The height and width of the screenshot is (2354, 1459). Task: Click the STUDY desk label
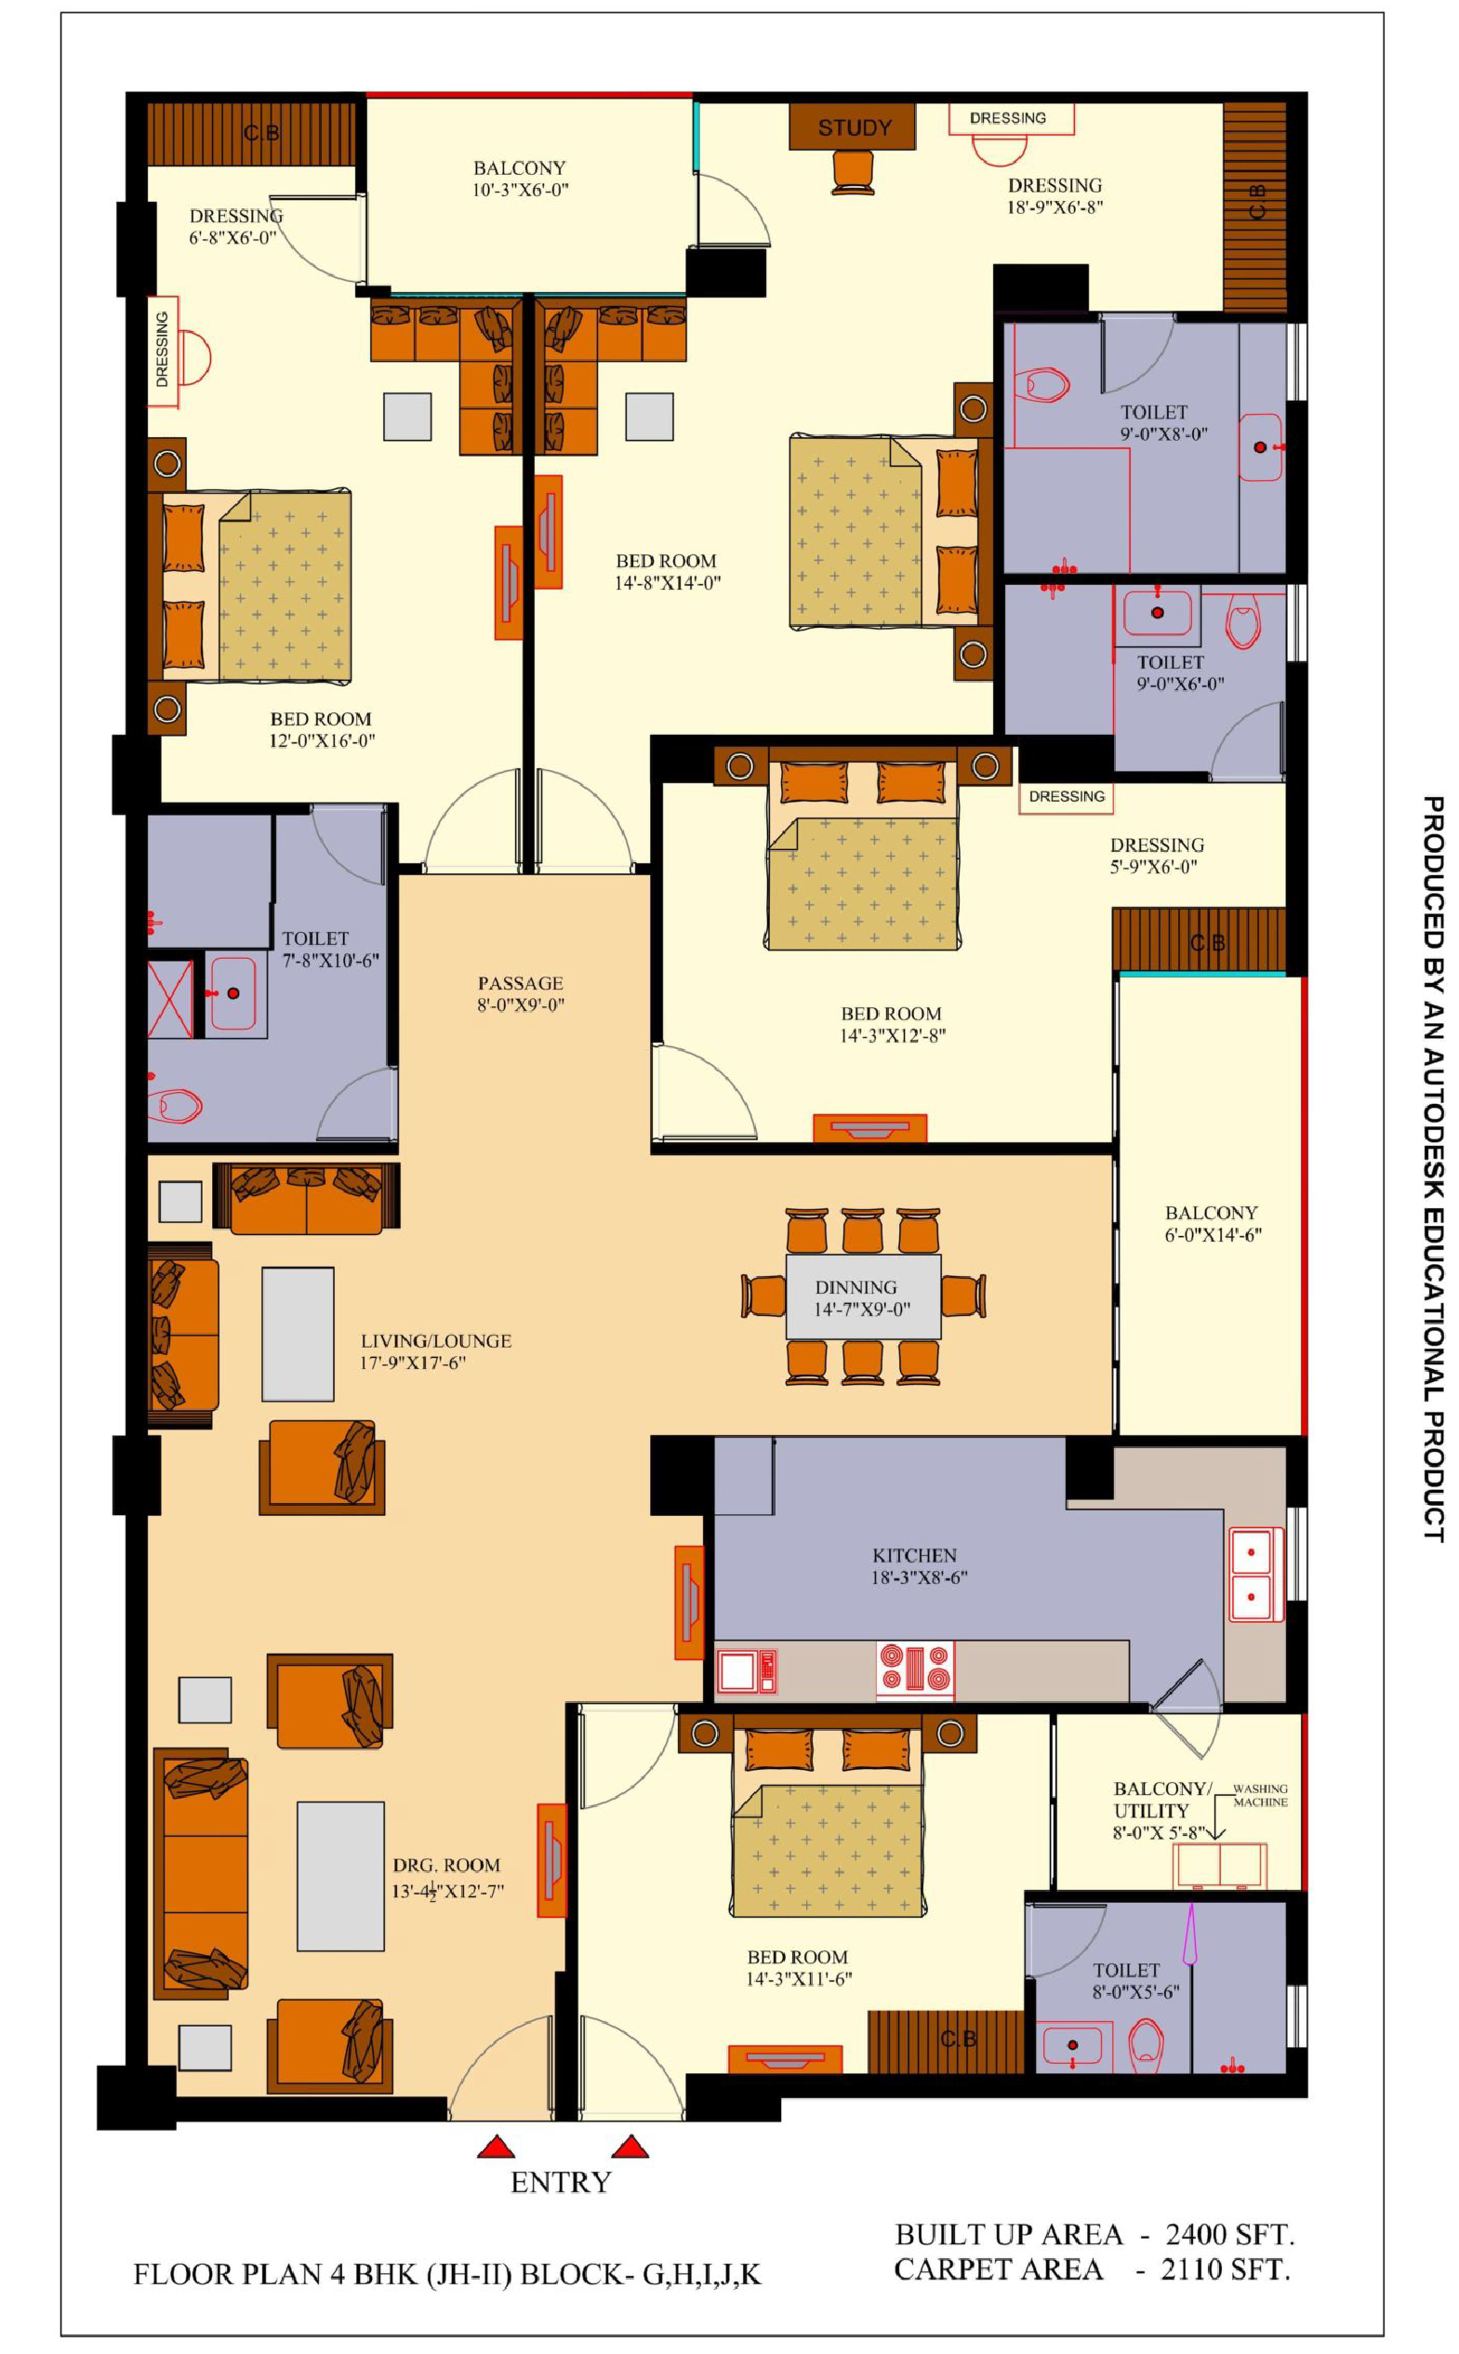click(854, 127)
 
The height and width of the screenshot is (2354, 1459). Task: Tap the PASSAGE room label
click(520, 983)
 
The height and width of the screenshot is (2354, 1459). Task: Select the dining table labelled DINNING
click(863, 1297)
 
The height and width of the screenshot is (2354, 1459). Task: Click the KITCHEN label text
click(914, 1556)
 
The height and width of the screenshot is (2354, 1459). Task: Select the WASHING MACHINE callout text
click(1260, 1795)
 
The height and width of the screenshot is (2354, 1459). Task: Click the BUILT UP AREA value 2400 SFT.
click(1229, 2234)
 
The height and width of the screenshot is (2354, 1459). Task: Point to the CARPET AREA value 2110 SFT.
click(1225, 2269)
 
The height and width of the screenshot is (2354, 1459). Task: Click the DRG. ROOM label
click(445, 1866)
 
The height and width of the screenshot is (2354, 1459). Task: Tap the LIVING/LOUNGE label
click(436, 1340)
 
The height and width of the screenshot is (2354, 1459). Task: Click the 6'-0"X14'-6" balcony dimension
click(1213, 1234)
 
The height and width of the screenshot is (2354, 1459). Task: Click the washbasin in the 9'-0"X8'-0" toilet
click(1261, 448)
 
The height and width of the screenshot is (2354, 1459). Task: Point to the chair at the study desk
click(853, 173)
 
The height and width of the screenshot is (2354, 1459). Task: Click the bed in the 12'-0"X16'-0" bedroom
click(249, 586)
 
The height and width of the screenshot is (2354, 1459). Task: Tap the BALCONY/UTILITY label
click(1161, 1800)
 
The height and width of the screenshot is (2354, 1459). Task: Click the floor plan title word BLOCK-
click(577, 2275)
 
